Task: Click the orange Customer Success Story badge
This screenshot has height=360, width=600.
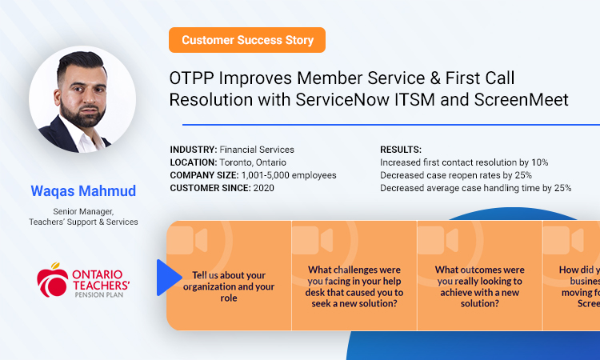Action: (x=247, y=40)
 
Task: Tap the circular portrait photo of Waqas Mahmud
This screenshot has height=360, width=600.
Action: (x=82, y=99)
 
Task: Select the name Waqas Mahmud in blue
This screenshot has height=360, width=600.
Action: (x=82, y=191)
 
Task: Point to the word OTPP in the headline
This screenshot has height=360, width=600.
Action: (x=190, y=78)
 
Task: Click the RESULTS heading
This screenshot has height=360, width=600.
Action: (x=402, y=150)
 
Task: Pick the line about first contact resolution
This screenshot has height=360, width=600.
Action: (x=464, y=162)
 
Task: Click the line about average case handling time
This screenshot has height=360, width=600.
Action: (x=475, y=188)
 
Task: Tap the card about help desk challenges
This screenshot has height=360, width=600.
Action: (x=354, y=286)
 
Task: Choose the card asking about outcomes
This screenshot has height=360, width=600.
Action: (x=479, y=286)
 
